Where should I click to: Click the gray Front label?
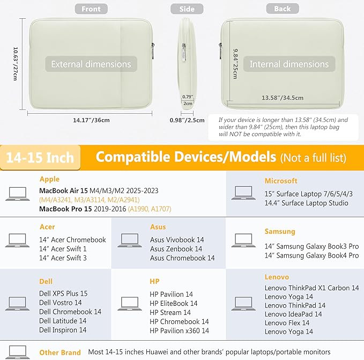point(91,9)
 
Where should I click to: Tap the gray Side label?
point(187,9)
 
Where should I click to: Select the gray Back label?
point(283,9)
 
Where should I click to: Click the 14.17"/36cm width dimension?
point(91,120)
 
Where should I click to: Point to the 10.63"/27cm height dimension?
point(16,64)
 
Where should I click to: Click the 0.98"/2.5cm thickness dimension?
point(187,120)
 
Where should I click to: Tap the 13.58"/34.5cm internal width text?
point(283,98)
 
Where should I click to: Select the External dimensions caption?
point(91,64)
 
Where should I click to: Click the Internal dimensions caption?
point(289,64)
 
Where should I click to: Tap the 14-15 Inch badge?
point(40,158)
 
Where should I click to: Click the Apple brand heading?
point(49,179)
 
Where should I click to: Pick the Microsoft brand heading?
point(281,181)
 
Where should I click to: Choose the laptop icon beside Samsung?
point(243,240)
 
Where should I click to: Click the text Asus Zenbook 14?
point(176,249)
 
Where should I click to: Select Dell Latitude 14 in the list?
point(63,321)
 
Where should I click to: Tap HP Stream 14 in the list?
point(170,312)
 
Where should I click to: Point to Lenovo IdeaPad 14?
point(293,314)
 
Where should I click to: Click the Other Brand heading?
point(60,352)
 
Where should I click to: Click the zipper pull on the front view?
point(153,50)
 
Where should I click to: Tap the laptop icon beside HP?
point(130,304)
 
